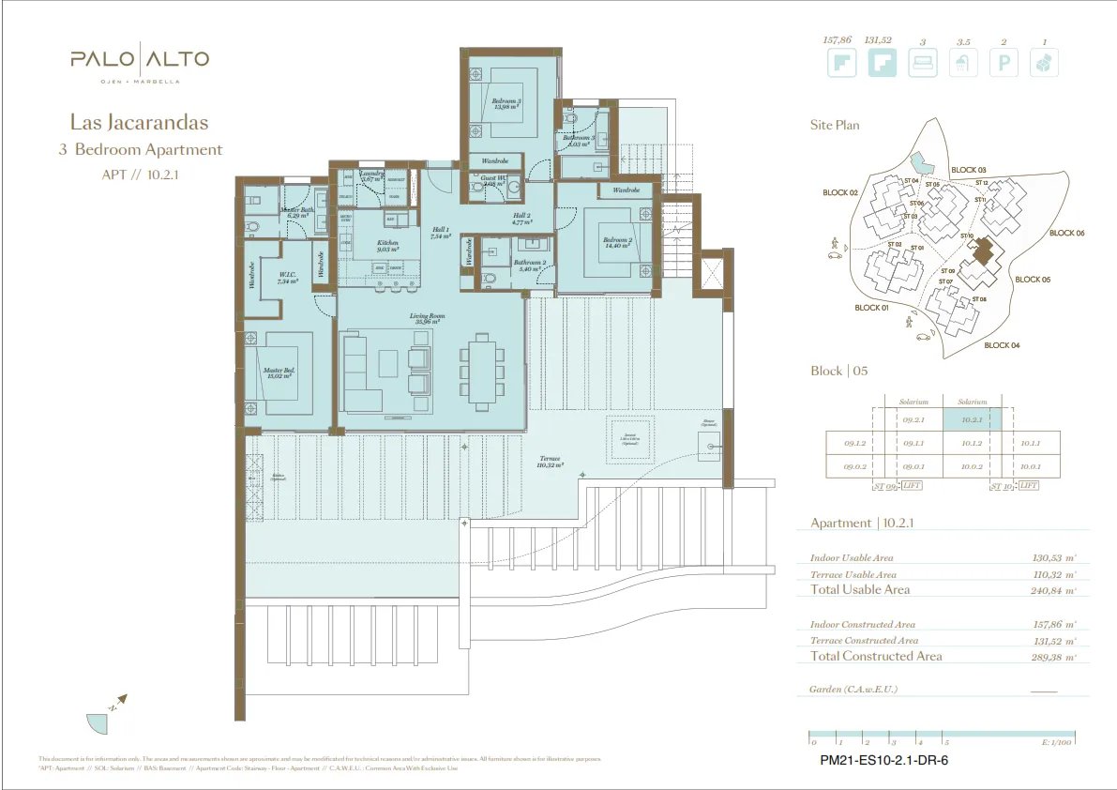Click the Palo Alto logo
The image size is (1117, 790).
(139, 62)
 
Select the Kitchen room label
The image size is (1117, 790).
(387, 246)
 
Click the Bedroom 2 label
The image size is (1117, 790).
(616, 243)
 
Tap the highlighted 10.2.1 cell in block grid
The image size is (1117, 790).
(972, 419)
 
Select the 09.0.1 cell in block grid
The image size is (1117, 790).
(913, 466)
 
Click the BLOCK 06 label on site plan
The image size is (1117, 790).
(1066, 233)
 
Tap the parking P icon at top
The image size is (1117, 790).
(1004, 64)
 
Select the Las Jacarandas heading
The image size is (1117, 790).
(139, 122)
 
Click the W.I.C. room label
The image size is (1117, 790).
(287, 278)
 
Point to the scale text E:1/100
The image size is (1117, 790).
(1057, 741)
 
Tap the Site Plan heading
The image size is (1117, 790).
(835, 125)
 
